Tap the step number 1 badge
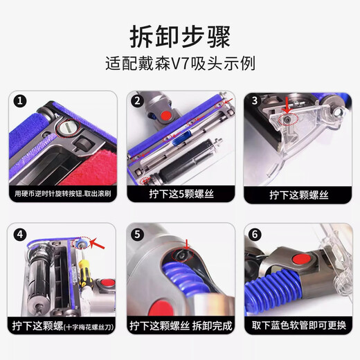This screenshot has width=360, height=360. click(x=21, y=101)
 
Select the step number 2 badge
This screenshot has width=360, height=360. click(x=137, y=101)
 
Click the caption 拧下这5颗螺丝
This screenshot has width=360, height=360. click(x=179, y=196)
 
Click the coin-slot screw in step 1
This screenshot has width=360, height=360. click(x=69, y=129)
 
